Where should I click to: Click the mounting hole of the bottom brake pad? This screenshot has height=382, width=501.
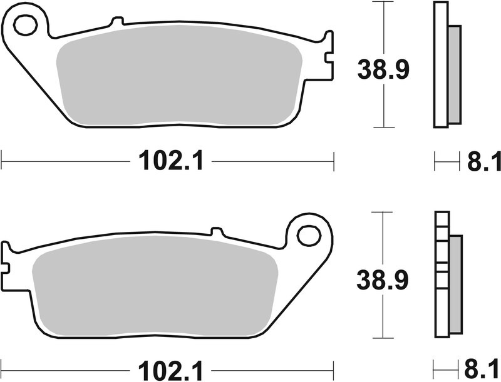pos(308,236)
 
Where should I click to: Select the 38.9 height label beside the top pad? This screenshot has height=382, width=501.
pos(383,69)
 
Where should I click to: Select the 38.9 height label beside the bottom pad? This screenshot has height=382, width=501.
pos(383,280)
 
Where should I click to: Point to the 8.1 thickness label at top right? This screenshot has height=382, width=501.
pos(483,163)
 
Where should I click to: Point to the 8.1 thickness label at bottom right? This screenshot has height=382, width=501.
pos(483,368)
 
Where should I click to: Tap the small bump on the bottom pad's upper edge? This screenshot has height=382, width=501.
pos(217,231)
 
